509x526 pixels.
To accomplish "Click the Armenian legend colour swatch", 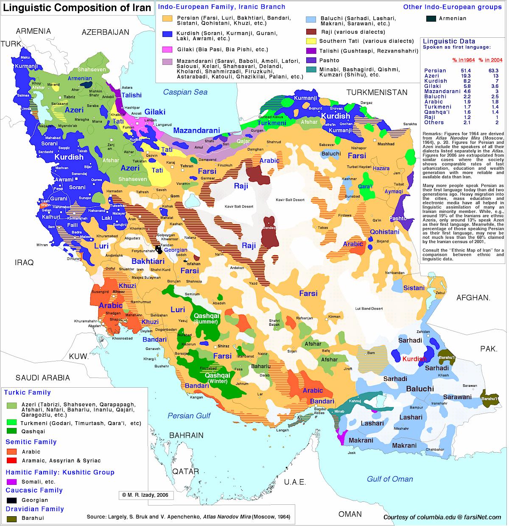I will pyautogui.click(x=431, y=19).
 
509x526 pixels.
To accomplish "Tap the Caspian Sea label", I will pyautogui.click(x=186, y=92).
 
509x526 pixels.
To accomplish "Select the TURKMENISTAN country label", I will pyautogui.click(x=377, y=92).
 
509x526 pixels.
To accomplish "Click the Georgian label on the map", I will pyautogui.click(x=176, y=250).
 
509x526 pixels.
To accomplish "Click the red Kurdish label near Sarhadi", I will pyautogui.click(x=414, y=359).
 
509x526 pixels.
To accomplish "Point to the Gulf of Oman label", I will pyautogui.click(x=390, y=479).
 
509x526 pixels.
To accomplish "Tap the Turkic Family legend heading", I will pyautogui.click(x=28, y=392).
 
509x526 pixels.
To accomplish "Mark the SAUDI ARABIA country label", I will pyautogui.click(x=43, y=378).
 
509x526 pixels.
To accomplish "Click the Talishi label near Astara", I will pyautogui.click(x=131, y=95).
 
